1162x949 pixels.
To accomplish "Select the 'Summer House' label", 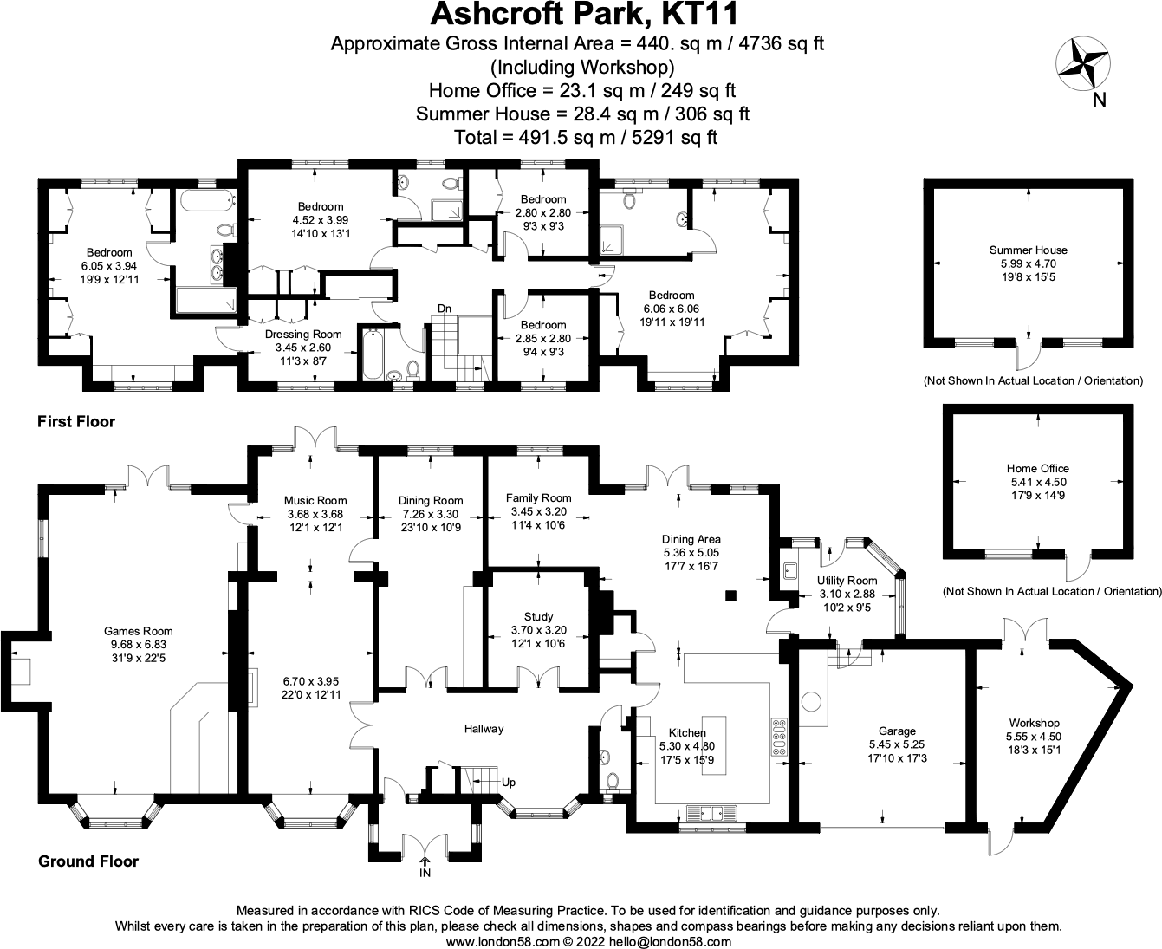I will [x=1029, y=250].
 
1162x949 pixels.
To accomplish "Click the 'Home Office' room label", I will [x=1039, y=469].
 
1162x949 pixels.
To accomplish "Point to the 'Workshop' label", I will [x=1034, y=723].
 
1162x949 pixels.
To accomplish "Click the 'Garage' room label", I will [x=897, y=731].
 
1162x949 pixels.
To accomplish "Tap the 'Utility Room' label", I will [x=847, y=581].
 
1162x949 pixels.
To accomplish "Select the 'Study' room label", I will [x=538, y=617].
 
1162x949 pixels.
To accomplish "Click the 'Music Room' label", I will [x=315, y=500].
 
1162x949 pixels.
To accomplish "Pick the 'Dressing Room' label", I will [x=303, y=335].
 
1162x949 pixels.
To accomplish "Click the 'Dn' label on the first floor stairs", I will [x=444, y=309].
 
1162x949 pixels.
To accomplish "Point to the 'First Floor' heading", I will [x=76, y=422].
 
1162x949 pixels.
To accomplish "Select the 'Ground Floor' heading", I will [x=88, y=861].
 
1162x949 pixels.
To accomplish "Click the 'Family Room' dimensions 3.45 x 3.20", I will [x=538, y=511].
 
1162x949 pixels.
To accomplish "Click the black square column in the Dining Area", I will [x=730, y=595].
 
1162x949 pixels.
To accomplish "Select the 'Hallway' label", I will [x=483, y=729].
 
